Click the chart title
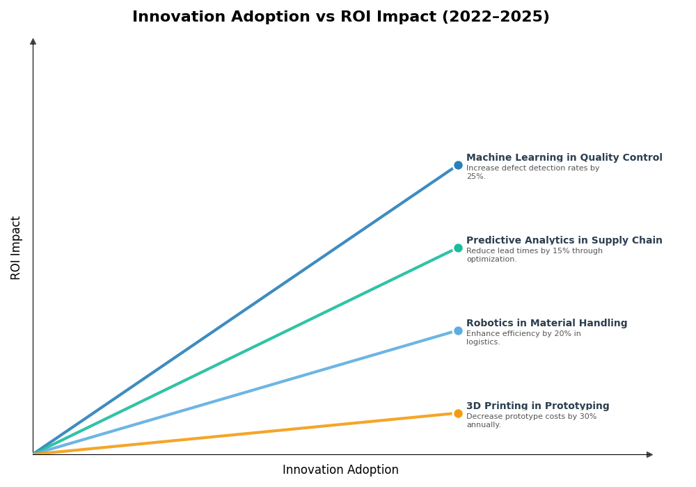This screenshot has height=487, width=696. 340,17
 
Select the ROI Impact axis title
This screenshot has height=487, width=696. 16,248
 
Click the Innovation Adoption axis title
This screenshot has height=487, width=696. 340,470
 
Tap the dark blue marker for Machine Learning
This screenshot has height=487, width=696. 458,166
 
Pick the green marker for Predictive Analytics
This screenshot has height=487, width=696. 458,248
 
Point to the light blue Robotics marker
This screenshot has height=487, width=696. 458,331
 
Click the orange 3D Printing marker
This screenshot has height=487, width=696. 458,414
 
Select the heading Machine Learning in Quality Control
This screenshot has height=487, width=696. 564,158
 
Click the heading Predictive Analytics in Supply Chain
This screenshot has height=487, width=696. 564,241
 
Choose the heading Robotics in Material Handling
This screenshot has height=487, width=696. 546,324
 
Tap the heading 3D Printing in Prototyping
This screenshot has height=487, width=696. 537,406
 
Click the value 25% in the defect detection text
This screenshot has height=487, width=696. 475,177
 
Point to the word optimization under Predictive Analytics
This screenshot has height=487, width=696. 491,260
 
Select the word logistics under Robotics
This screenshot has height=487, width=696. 482,342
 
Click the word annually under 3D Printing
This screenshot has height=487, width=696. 483,425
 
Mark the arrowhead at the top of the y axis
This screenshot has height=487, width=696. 33,42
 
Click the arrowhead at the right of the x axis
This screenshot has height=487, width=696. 649,455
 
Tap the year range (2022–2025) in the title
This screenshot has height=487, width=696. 496,17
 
